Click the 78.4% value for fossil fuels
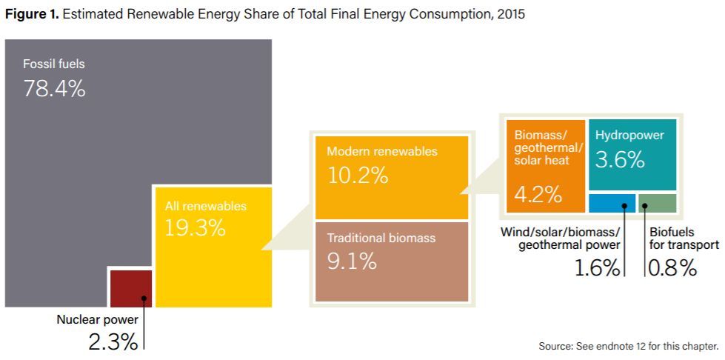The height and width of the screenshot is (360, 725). pyautogui.click(x=54, y=88)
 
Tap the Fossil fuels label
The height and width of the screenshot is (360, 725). pyautogui.click(x=54, y=64)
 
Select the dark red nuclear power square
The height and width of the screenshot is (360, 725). pyautogui.click(x=131, y=289)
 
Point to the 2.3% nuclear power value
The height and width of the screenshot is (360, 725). pyautogui.click(x=113, y=343)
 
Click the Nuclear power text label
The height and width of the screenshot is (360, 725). pyautogui.click(x=97, y=319)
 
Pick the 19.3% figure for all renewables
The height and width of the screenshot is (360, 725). pyautogui.click(x=195, y=228)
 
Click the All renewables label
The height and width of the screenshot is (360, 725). pyautogui.click(x=206, y=207)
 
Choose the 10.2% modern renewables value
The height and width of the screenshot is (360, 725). pyautogui.click(x=358, y=175)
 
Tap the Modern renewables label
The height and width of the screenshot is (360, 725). pyautogui.click(x=382, y=152)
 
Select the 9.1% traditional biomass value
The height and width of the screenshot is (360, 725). pyautogui.click(x=352, y=262)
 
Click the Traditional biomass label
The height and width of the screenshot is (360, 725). pyautogui.click(x=381, y=239)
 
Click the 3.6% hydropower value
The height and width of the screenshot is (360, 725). pyautogui.click(x=620, y=160)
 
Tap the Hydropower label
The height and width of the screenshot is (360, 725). pyautogui.click(x=629, y=136)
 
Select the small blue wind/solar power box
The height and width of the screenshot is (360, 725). pyautogui.click(x=612, y=203)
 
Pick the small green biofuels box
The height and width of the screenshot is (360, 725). pyautogui.click(x=658, y=203)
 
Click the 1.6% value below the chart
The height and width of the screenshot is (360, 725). pyautogui.click(x=597, y=268)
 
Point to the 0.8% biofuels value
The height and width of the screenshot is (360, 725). pyautogui.click(x=672, y=268)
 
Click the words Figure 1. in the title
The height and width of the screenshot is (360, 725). pyautogui.click(x=31, y=14)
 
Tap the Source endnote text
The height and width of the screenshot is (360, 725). pyautogui.click(x=629, y=346)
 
